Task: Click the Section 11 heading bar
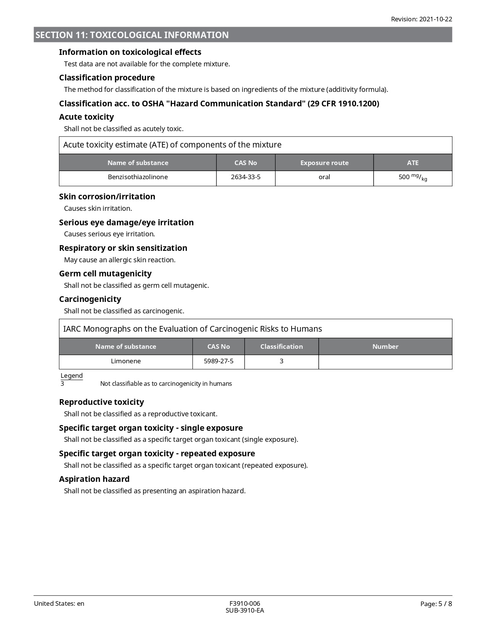(243, 35)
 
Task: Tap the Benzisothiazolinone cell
(138, 177)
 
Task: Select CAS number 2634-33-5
(245, 177)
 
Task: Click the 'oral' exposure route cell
(324, 177)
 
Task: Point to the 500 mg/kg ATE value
(412, 177)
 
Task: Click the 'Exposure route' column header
(324, 163)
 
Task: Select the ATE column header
(412, 163)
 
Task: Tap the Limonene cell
(126, 361)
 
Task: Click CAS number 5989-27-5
(218, 361)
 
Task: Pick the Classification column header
(281, 347)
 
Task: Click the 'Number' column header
(385, 347)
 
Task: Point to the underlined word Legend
(72, 375)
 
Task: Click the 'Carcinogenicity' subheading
(90, 299)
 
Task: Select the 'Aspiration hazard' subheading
(94, 479)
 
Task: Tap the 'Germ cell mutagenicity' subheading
(105, 273)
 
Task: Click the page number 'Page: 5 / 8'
(436, 603)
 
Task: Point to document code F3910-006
(245, 603)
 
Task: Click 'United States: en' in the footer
(59, 603)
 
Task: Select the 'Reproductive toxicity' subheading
(101, 402)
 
